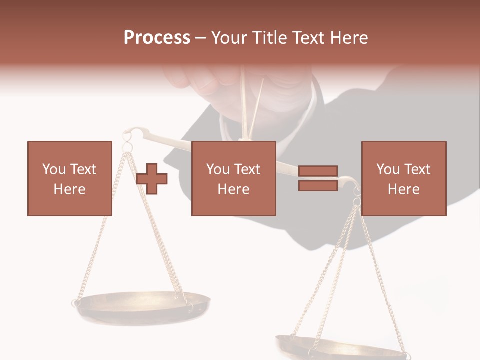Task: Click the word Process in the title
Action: tap(157, 38)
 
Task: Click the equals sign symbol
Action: tap(318, 178)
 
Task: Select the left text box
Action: tap(69, 178)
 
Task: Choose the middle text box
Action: tap(233, 178)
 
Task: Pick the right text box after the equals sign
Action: tap(403, 178)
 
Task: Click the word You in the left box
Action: tap(53, 169)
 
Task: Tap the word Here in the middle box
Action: tap(233, 189)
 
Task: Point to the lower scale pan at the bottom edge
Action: tap(340, 347)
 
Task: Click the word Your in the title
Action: tap(229, 38)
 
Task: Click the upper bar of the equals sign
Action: tap(318, 171)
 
